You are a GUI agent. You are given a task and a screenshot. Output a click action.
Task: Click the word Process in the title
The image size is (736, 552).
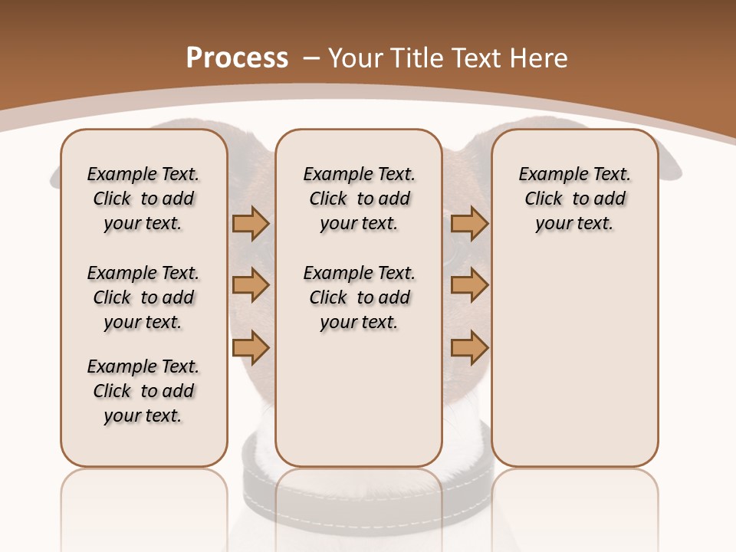(237, 58)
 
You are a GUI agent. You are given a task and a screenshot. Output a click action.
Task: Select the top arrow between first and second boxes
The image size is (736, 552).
(251, 223)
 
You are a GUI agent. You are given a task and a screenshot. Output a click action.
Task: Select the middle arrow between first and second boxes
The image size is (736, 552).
(251, 285)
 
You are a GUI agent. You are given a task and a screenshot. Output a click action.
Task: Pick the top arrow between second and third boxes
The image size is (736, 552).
(469, 223)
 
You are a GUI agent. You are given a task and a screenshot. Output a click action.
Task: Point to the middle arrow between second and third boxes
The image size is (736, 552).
(469, 285)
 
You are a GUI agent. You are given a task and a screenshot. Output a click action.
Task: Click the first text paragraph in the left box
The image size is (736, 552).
(143, 199)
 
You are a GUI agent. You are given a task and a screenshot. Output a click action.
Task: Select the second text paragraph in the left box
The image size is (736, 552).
(143, 297)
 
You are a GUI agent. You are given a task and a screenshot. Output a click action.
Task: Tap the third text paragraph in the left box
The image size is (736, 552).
(143, 391)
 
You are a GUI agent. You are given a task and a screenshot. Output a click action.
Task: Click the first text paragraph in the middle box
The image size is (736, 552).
(359, 199)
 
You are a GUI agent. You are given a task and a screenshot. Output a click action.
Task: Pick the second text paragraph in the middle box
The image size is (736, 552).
(359, 297)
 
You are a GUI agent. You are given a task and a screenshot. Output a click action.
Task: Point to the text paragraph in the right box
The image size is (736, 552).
(574, 199)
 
